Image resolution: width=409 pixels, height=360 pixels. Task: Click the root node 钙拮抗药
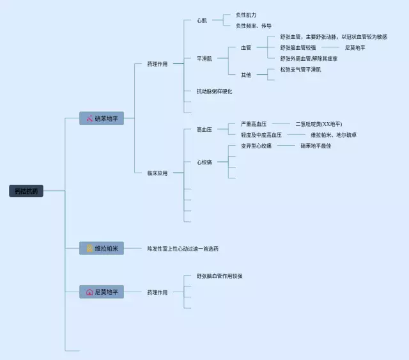[x=27, y=191]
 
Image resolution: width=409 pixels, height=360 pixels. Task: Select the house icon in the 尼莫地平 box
[x=89, y=292]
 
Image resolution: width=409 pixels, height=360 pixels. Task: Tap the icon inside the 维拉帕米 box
[x=89, y=248]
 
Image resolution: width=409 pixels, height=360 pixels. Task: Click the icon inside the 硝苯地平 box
[x=89, y=118]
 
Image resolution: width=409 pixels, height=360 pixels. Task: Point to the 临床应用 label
[x=157, y=173]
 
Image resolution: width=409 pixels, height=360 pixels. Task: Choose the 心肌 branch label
[x=202, y=20]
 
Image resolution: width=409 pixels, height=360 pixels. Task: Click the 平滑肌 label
[x=204, y=58]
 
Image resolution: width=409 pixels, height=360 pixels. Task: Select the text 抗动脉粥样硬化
[x=215, y=91]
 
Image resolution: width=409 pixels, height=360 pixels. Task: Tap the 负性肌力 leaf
[x=246, y=15]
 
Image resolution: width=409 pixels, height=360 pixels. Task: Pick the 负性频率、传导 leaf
[x=254, y=26]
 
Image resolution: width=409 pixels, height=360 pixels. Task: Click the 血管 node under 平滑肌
[x=246, y=47]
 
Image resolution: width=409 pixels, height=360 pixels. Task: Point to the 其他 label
[x=246, y=75]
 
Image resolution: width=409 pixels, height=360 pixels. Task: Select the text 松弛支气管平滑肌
[x=300, y=69]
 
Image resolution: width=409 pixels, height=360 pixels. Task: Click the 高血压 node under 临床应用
[x=204, y=129]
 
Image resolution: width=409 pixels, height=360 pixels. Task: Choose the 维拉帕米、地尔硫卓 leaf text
[x=334, y=135]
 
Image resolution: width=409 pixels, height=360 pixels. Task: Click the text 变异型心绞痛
[x=256, y=146]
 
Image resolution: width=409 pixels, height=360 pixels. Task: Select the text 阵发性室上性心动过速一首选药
[x=187, y=248]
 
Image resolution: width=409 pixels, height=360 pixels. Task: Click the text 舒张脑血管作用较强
[x=220, y=276]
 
